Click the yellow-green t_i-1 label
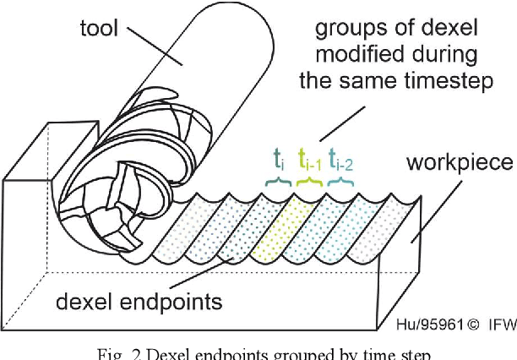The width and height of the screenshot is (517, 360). click(306, 161)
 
